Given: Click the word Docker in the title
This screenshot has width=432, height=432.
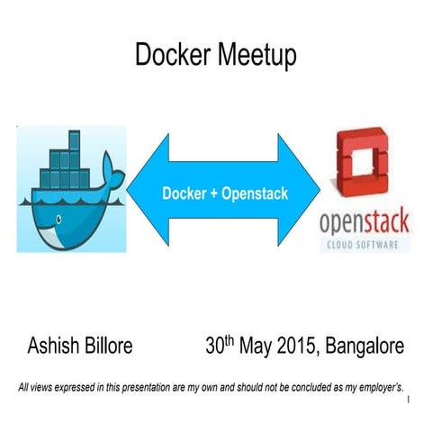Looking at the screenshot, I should tap(170, 56).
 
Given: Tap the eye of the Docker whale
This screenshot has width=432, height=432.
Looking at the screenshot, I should tap(58, 219).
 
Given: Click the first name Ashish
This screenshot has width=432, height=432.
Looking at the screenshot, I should tap(57, 346).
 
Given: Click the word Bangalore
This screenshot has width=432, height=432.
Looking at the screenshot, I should tap(365, 346).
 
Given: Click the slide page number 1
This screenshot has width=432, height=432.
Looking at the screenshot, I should tap(409, 400).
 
